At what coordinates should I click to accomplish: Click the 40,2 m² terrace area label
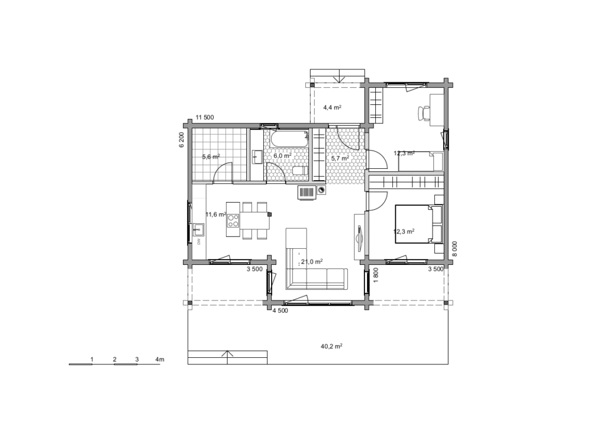pyautogui.click(x=331, y=346)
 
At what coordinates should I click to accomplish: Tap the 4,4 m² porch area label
pyautogui.click(x=332, y=107)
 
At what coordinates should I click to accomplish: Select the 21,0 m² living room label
pyautogui.click(x=312, y=262)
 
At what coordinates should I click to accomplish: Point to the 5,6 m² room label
pyautogui.click(x=211, y=156)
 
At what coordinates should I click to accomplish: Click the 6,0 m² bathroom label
pyautogui.click(x=282, y=155)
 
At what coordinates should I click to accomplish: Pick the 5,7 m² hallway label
pyautogui.click(x=340, y=158)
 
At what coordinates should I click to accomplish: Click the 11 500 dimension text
pyautogui.click(x=204, y=117)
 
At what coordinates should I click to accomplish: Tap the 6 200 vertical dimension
pyautogui.click(x=181, y=140)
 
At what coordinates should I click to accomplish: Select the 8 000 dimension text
pyautogui.click(x=454, y=249)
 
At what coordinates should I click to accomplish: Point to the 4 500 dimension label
pyautogui.click(x=280, y=310)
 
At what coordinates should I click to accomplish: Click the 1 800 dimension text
pyautogui.click(x=376, y=275)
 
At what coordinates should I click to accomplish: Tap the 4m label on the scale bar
pyautogui.click(x=160, y=359)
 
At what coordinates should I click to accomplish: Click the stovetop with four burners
pyautogui.click(x=233, y=220)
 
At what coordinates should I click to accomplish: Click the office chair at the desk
pyautogui.click(x=424, y=113)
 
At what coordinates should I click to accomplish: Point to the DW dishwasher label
pyautogui.click(x=199, y=242)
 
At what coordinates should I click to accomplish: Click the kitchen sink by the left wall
pyautogui.click(x=198, y=230)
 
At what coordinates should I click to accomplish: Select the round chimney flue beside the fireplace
pyautogui.click(x=321, y=190)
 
